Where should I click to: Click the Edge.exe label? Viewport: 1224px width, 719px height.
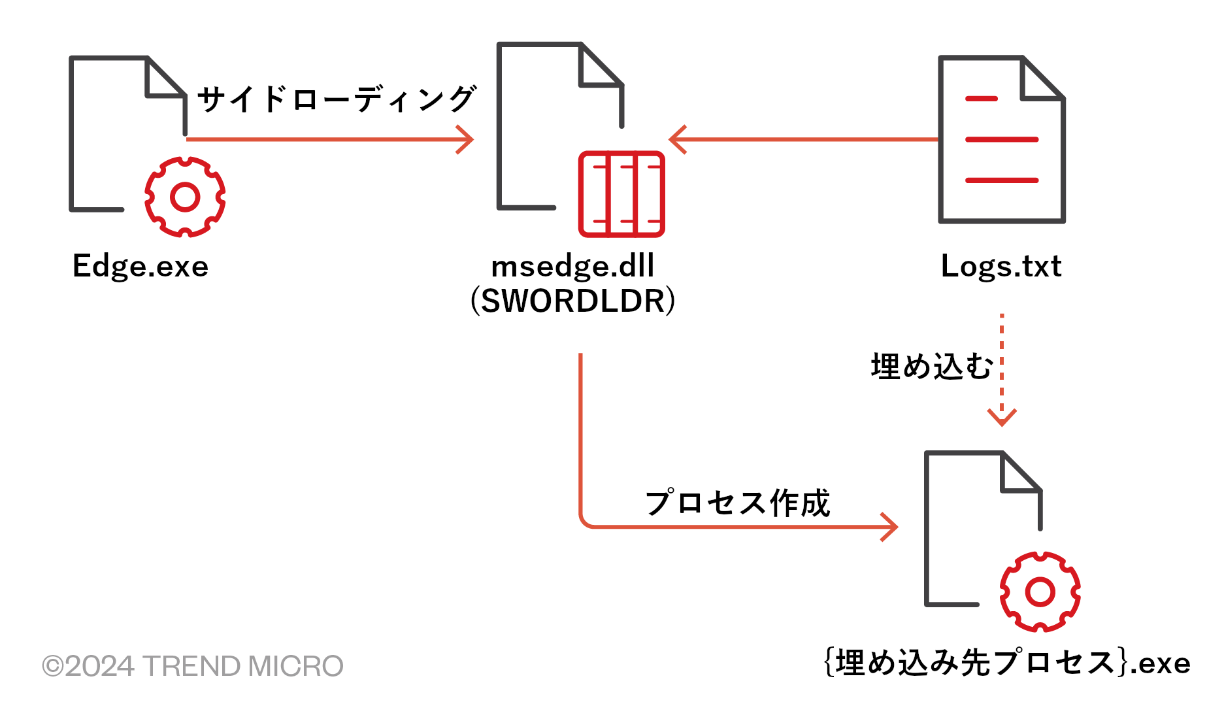pos(141,267)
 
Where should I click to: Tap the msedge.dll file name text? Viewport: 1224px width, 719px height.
pos(572,267)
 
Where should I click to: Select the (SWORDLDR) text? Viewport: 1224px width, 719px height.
pos(572,301)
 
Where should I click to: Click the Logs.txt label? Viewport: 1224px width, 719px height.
pos(1001,267)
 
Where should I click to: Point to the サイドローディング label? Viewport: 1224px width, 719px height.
pos(336,99)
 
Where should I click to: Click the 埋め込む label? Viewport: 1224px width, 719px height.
pos(931,367)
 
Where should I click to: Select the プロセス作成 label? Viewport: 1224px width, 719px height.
pos(737,503)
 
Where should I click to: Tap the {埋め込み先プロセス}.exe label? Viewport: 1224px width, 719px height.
pos(1006,663)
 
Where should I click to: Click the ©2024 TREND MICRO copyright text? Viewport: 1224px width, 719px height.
pos(193,666)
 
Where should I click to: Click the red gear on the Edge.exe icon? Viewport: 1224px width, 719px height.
pos(185,197)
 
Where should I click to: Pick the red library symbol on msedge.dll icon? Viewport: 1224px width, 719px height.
pos(621,194)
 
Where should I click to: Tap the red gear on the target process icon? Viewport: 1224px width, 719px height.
pos(1040,592)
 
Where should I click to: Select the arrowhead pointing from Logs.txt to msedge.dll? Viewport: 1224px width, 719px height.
pos(676,140)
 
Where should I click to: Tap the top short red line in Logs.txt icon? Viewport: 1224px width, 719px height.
pos(981,99)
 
